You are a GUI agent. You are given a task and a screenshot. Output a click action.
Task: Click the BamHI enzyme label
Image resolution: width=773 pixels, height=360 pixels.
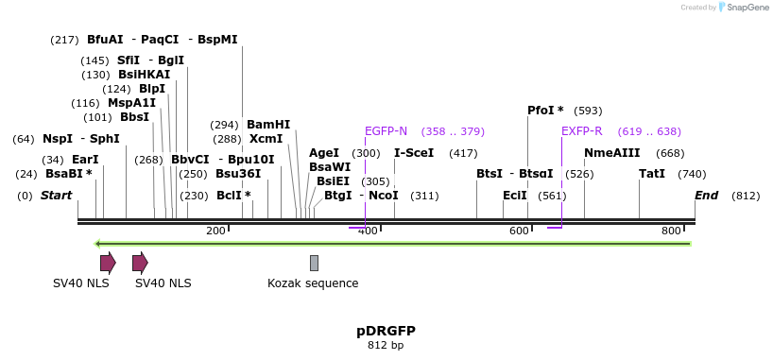[268, 124]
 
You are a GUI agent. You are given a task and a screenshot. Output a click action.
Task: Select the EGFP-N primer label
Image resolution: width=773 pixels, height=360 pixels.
[386, 131]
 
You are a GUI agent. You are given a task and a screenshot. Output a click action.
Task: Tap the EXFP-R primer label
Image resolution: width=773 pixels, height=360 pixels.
[581, 131]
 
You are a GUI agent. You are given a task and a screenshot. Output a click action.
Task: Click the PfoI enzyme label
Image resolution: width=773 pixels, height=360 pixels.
[541, 111]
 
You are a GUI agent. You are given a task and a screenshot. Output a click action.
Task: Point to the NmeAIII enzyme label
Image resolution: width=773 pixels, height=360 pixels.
[611, 153]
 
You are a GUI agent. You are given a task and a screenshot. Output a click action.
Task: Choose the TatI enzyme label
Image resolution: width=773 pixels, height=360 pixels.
[652, 174]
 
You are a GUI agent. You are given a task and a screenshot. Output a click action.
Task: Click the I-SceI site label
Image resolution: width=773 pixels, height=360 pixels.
[414, 153]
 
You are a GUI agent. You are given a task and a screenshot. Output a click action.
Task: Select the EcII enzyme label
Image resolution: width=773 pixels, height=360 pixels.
[515, 196]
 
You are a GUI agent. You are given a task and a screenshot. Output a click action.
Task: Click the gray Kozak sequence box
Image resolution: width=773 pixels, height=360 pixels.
[314, 263]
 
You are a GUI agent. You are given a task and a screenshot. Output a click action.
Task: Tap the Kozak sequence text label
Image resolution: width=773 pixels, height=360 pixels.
[313, 283]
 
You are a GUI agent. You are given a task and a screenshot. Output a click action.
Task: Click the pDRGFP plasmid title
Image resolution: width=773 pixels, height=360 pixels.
[386, 331]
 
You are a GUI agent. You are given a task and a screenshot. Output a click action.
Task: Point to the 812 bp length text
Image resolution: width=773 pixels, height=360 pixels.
[386, 345]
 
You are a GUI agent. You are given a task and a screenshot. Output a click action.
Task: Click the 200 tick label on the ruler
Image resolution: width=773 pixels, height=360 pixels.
[215, 231]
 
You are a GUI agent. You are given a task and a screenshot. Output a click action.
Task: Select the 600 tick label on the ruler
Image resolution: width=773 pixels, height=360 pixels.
[519, 231]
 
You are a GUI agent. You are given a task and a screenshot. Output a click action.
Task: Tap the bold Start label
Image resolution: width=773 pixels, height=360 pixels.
[56, 196]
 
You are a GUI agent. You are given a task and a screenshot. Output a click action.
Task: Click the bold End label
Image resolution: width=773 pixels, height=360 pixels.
[706, 196]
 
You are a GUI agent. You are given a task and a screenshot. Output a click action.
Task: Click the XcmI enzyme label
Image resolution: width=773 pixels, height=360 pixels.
[266, 139]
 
